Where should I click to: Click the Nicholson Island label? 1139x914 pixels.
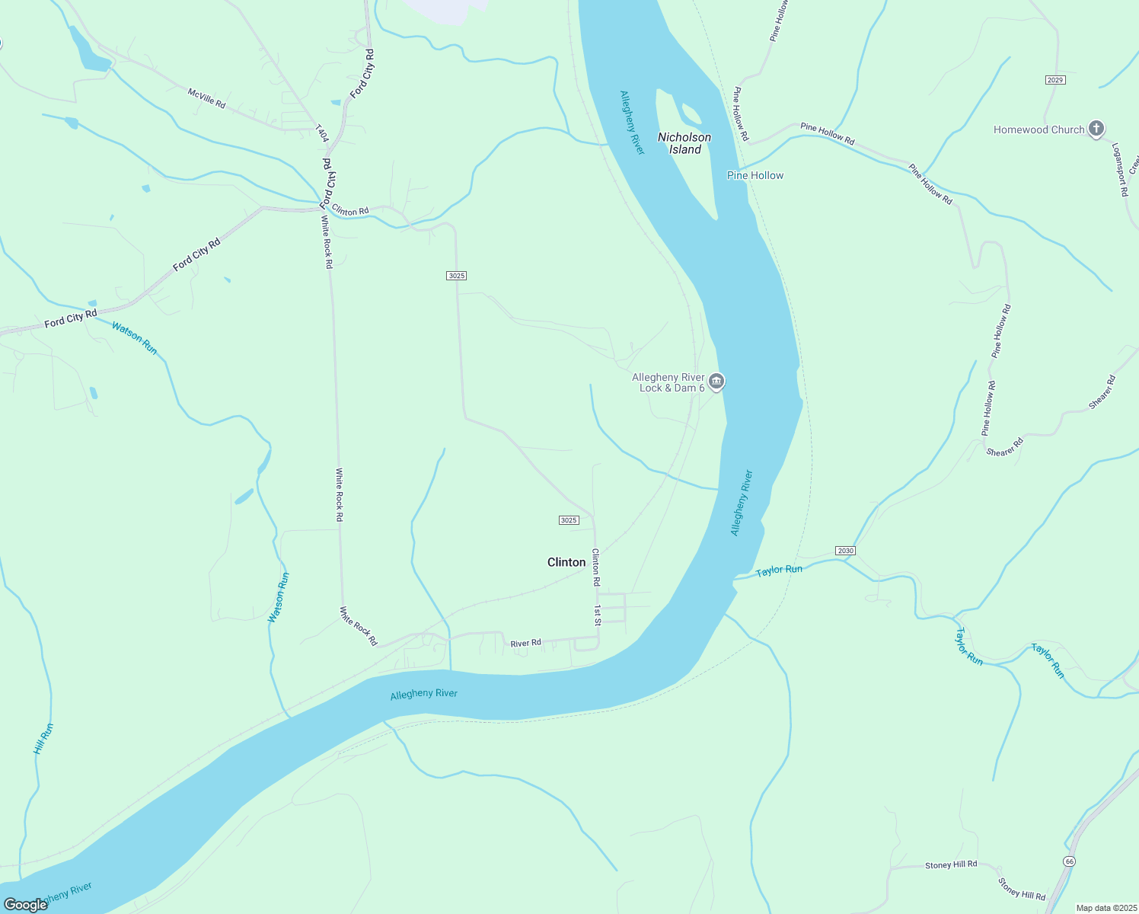tap(684, 143)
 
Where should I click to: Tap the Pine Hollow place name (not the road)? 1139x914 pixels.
tap(755, 175)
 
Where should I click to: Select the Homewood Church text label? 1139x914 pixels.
tap(1038, 129)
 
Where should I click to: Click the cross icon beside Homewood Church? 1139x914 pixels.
tap(1096, 128)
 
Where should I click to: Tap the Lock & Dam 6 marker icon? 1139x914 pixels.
tap(716, 381)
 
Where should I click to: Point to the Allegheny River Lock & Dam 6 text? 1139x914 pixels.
tap(668, 382)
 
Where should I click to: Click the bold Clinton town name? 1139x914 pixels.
tap(566, 562)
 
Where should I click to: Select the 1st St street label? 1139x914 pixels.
tap(598, 615)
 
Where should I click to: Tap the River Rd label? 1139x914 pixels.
tap(525, 644)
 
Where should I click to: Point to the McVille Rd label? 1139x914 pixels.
tap(206, 97)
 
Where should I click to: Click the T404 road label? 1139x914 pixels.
tap(321, 134)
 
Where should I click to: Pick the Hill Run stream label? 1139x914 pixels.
tap(43, 739)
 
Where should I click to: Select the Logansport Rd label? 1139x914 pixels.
tap(1118, 170)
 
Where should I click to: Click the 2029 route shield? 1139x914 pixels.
tap(1054, 80)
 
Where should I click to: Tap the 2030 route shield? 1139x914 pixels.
tap(845, 550)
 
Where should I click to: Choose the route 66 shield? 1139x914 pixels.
tap(1070, 861)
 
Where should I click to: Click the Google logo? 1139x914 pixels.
tap(25, 905)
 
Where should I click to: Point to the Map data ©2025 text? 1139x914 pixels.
tap(1105, 908)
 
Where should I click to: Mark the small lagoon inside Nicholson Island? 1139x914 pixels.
tap(691, 114)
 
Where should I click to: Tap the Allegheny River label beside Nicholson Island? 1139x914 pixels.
tap(632, 123)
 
